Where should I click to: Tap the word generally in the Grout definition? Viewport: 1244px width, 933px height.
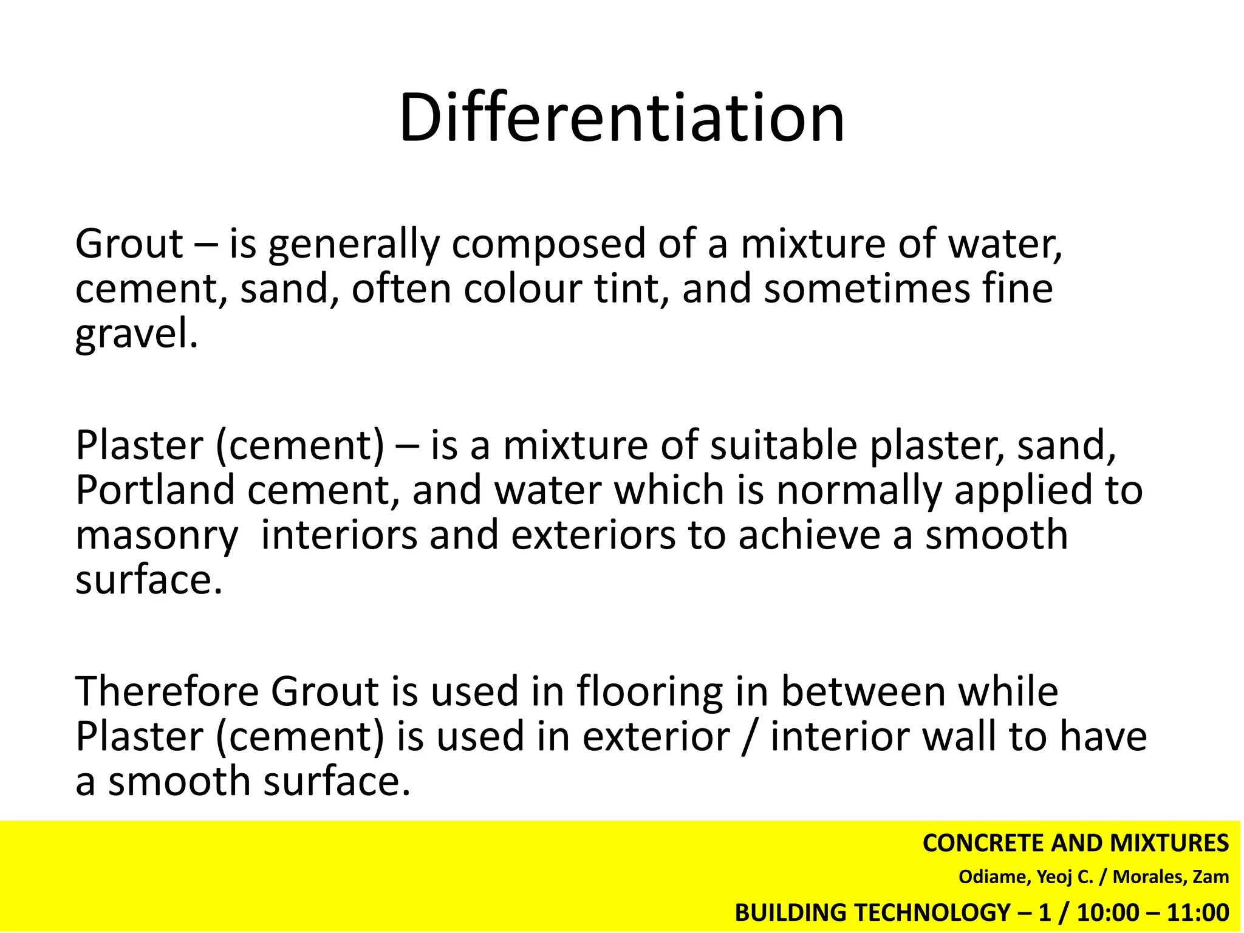(352, 245)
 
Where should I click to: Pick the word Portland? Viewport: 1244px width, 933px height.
(155, 490)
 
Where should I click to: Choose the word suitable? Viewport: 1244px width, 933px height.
(783, 445)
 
